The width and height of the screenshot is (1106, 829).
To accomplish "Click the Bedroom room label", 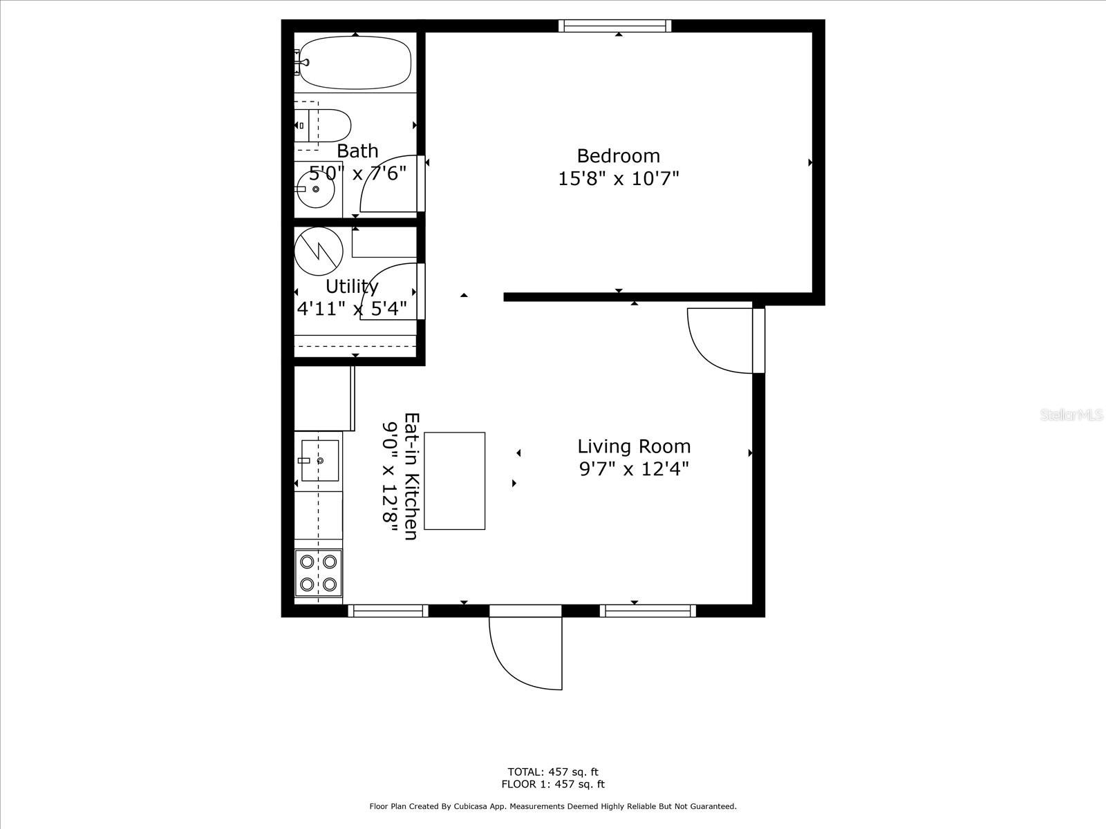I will [x=618, y=155].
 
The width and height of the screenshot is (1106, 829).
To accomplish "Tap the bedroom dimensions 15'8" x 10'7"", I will [x=618, y=179].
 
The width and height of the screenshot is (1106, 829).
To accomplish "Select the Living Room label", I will [x=634, y=446].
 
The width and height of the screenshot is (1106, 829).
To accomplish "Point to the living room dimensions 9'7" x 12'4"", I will [x=634, y=470].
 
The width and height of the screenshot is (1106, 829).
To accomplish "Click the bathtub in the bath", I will [x=355, y=62].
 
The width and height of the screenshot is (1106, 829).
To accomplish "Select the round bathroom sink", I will [x=317, y=189].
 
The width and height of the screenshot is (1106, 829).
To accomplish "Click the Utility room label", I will [x=352, y=286].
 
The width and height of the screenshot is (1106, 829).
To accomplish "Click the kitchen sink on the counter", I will [x=319, y=460].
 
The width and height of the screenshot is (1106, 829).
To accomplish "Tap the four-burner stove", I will [x=319, y=573].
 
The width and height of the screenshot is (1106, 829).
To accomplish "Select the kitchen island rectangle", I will [x=454, y=481].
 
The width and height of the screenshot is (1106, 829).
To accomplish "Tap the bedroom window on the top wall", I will [x=615, y=26].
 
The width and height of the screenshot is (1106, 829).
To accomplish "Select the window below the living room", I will [x=648, y=611].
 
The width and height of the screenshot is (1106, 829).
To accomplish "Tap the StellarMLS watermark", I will [x=1071, y=415].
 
